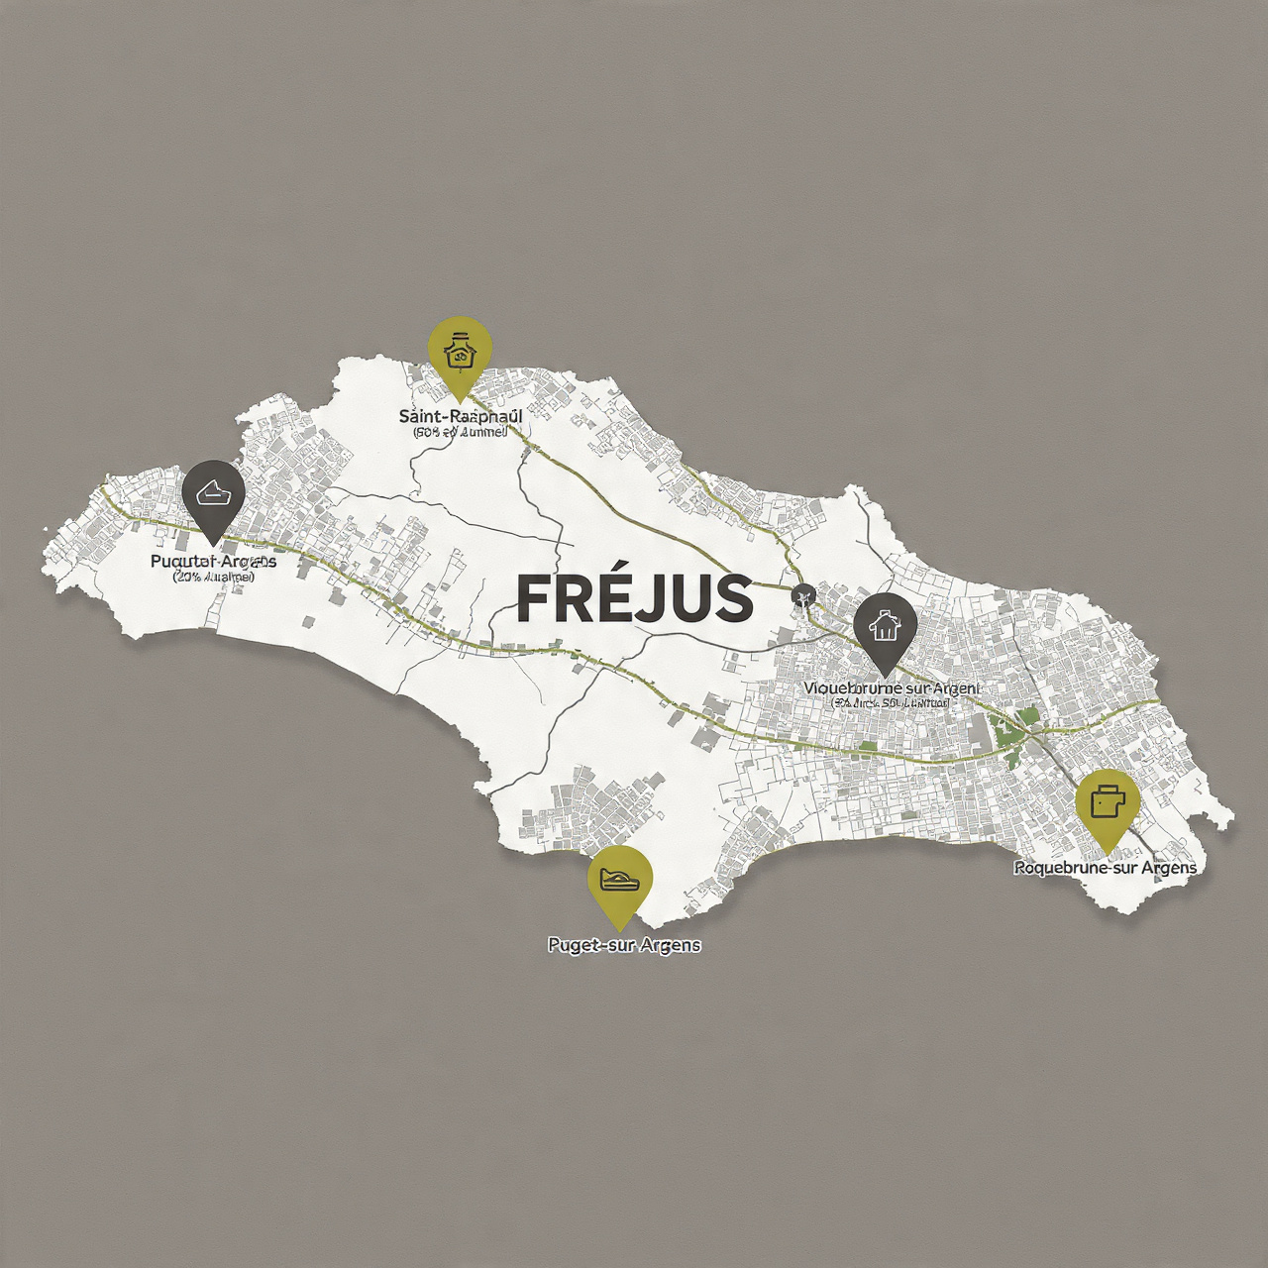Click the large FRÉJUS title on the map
(x=634, y=598)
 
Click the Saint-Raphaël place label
(x=460, y=416)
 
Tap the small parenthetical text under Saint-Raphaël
(x=460, y=432)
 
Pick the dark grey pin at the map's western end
(x=214, y=495)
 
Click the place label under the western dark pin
(x=213, y=562)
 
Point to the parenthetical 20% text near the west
(x=213, y=577)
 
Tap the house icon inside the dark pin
(x=885, y=625)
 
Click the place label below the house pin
(x=891, y=687)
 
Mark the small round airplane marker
(x=802, y=596)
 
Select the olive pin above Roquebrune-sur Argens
(x=1108, y=804)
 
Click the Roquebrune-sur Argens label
(x=1105, y=868)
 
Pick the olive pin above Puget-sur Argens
(x=620, y=882)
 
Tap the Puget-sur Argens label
(x=624, y=945)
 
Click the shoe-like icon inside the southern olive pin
(x=620, y=878)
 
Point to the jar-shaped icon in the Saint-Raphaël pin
(x=459, y=350)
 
